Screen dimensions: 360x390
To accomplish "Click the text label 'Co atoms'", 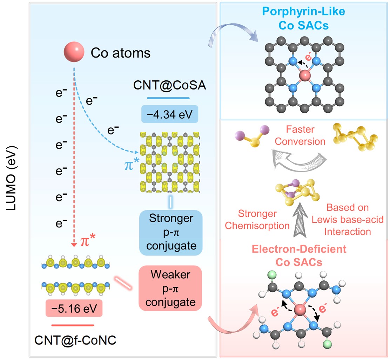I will point(121,53).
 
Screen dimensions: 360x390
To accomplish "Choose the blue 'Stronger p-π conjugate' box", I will point(171,232).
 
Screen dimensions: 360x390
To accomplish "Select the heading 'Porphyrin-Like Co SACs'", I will point(304,18).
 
